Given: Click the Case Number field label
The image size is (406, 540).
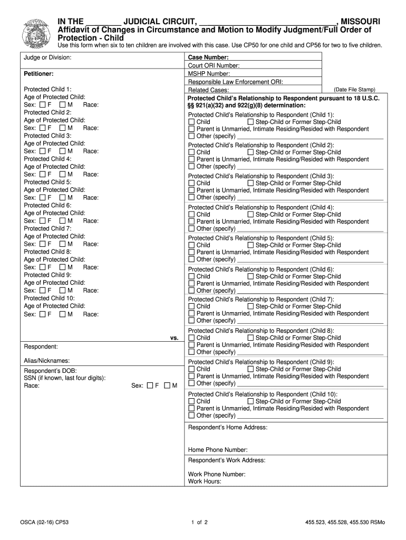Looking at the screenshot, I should [208, 57].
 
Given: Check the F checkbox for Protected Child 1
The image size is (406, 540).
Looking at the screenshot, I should [43, 105].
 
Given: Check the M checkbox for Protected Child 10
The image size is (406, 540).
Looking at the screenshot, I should [62, 314].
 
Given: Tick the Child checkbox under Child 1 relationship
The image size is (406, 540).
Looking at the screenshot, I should [191, 122].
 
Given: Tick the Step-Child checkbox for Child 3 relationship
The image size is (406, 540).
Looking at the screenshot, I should [250, 184].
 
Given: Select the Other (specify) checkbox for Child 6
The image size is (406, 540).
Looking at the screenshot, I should [191, 291].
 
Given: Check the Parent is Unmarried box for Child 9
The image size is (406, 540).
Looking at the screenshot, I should [191, 377].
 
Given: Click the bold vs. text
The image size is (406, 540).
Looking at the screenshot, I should [175, 337].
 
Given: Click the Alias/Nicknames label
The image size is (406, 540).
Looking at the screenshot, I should [47, 361].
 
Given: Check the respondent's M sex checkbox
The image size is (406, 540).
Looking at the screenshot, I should [167, 386].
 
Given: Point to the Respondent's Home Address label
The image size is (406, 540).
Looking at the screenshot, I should [228, 427].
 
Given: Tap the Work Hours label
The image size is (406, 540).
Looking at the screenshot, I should [205, 481].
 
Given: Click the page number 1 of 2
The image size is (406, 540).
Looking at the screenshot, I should [200, 523].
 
